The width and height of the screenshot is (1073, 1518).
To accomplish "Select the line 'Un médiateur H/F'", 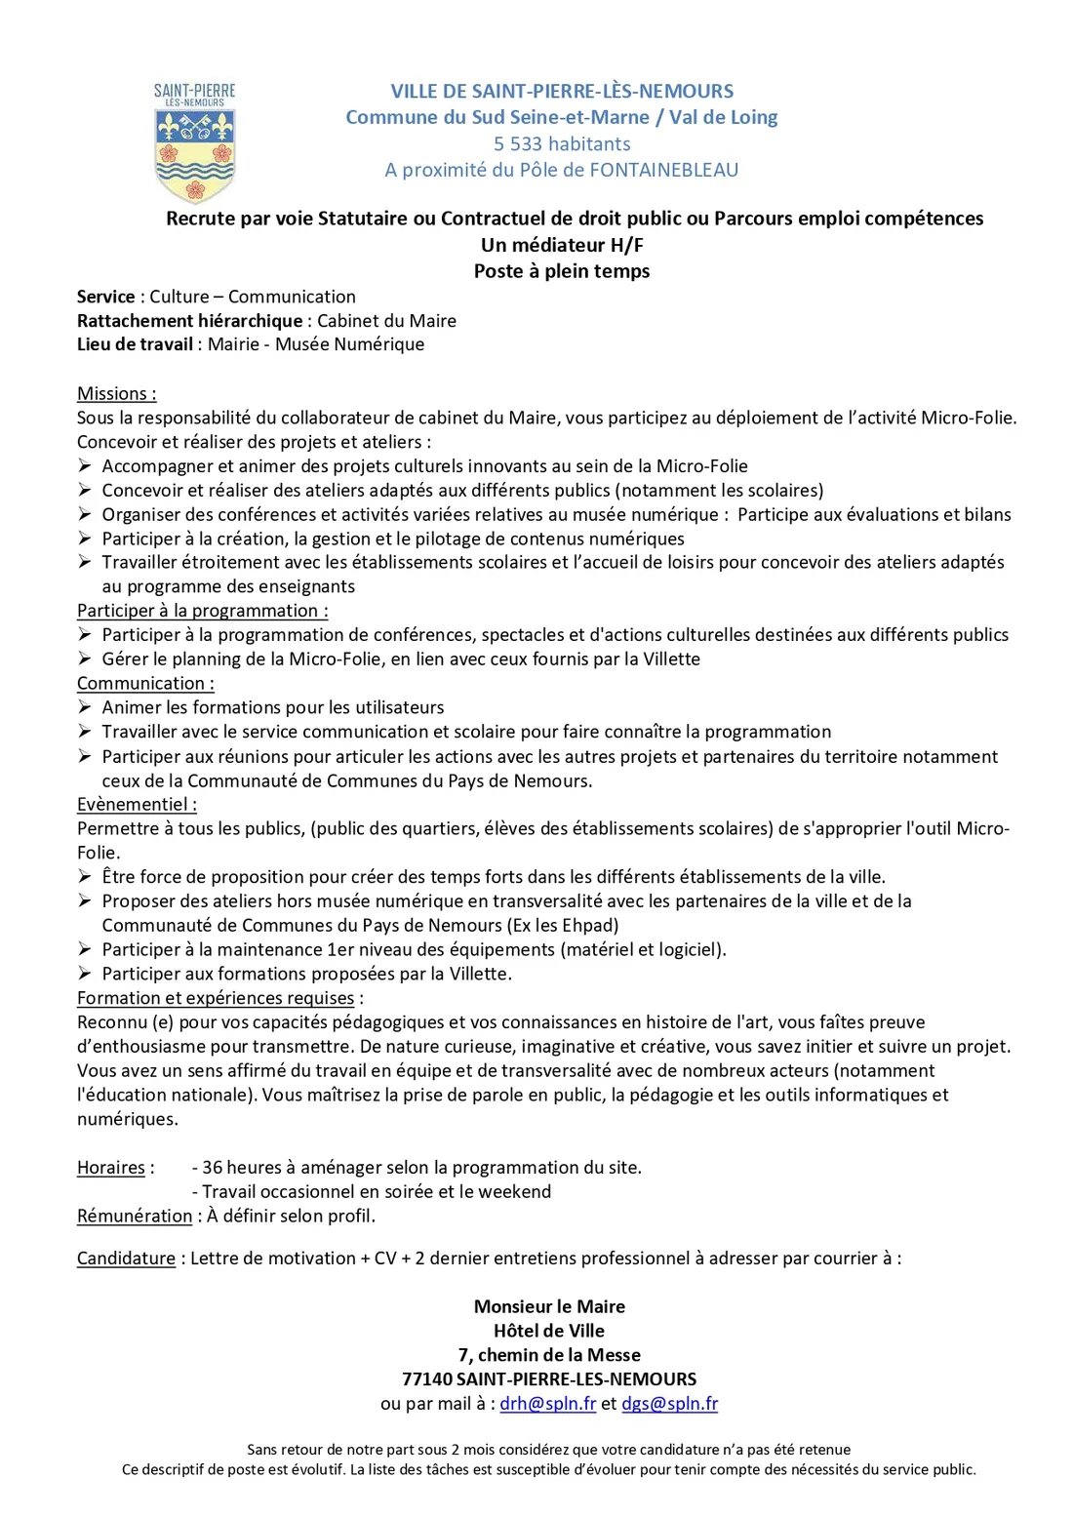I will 562,245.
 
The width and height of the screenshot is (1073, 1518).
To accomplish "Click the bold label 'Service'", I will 106,297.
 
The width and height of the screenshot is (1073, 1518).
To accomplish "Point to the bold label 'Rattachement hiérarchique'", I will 190,321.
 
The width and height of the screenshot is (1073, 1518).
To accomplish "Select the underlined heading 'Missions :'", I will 117,393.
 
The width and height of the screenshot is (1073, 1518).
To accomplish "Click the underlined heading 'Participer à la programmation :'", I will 203,611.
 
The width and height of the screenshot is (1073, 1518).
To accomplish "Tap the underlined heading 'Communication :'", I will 146,684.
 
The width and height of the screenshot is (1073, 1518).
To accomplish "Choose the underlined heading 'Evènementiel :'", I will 138,805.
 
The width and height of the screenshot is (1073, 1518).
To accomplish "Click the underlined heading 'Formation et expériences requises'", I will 216,998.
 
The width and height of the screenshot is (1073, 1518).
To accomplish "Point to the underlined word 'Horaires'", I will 111,1168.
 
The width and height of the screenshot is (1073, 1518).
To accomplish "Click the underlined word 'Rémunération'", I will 135,1216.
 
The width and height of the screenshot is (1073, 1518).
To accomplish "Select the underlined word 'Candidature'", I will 127,1258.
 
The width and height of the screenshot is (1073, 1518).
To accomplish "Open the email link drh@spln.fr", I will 548,1404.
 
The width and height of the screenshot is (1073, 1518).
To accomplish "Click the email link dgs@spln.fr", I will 670,1404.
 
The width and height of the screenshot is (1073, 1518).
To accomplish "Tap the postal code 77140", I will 427,1379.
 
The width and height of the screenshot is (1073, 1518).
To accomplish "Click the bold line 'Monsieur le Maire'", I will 549,1306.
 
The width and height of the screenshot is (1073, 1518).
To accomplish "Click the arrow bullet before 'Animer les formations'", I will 86,707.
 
